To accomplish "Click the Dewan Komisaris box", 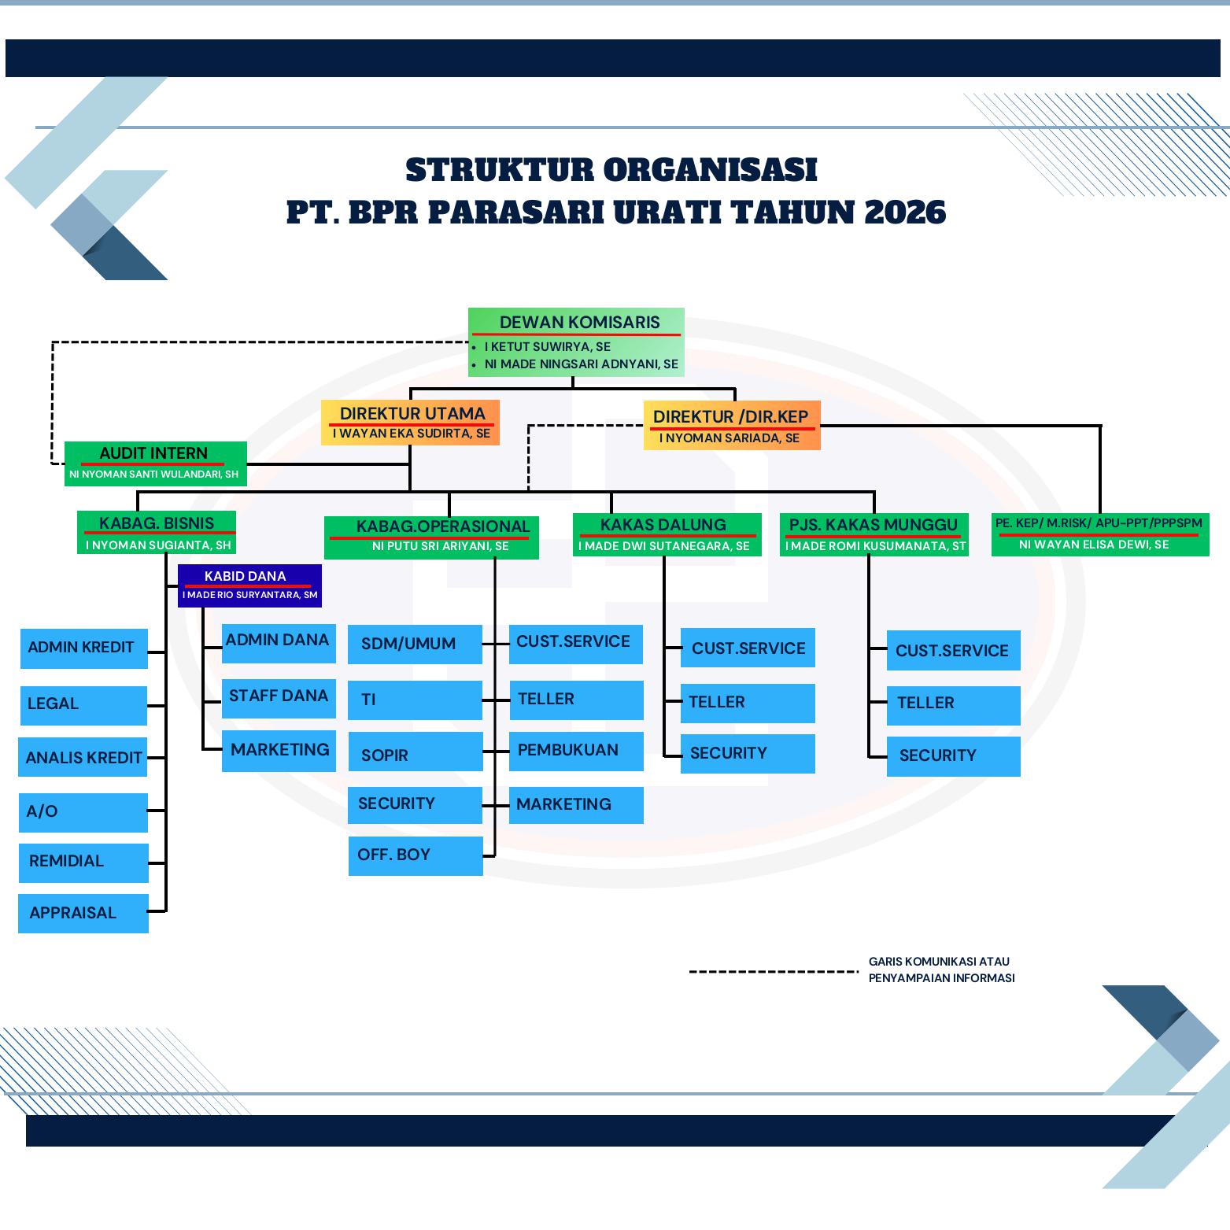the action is point(576,342).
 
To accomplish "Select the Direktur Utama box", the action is point(410,423).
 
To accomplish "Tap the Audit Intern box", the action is point(156,464).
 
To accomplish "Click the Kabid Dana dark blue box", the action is point(250,585).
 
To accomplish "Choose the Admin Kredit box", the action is point(84,648).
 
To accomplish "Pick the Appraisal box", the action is point(83,914).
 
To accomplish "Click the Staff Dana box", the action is point(279,698).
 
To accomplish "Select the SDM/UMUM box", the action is point(415,644).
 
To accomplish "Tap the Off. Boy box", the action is point(416,855).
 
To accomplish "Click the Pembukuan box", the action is point(576,751).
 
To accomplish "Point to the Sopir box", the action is point(416,752).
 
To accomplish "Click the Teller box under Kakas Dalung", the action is point(748,703).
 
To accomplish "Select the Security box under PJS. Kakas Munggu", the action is point(954,756).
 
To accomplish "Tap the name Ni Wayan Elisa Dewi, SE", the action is point(1094,545).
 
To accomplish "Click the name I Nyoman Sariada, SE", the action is point(730,438).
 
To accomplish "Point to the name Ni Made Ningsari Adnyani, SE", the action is point(582,364).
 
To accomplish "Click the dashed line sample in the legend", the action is point(774,972).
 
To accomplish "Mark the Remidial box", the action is point(83,862).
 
